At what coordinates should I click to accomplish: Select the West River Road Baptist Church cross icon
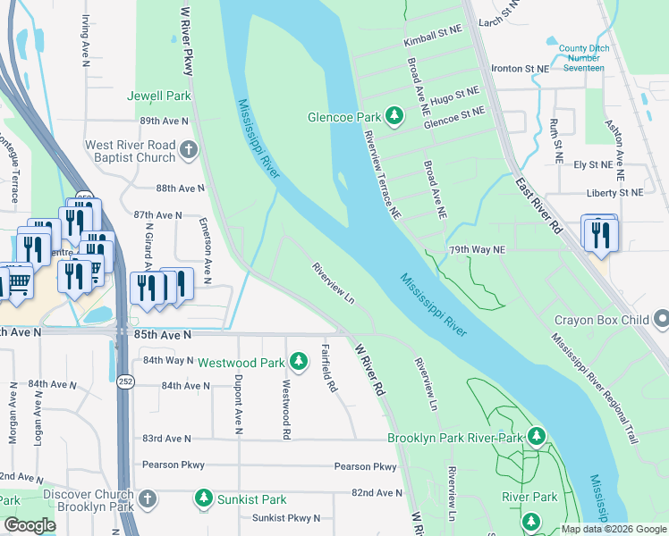click(188, 150)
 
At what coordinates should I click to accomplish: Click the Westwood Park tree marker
click(298, 362)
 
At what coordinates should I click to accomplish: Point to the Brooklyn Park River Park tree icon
click(536, 437)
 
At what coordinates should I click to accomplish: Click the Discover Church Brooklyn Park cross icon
click(148, 498)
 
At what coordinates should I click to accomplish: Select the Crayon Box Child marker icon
click(660, 318)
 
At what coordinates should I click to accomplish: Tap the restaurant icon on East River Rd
click(599, 234)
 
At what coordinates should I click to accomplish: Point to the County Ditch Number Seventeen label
click(581, 58)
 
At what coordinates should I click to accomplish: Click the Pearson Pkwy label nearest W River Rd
click(365, 466)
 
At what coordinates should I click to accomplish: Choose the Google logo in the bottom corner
click(30, 524)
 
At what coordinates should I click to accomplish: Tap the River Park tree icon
click(530, 520)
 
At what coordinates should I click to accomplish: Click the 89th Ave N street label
click(164, 121)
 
